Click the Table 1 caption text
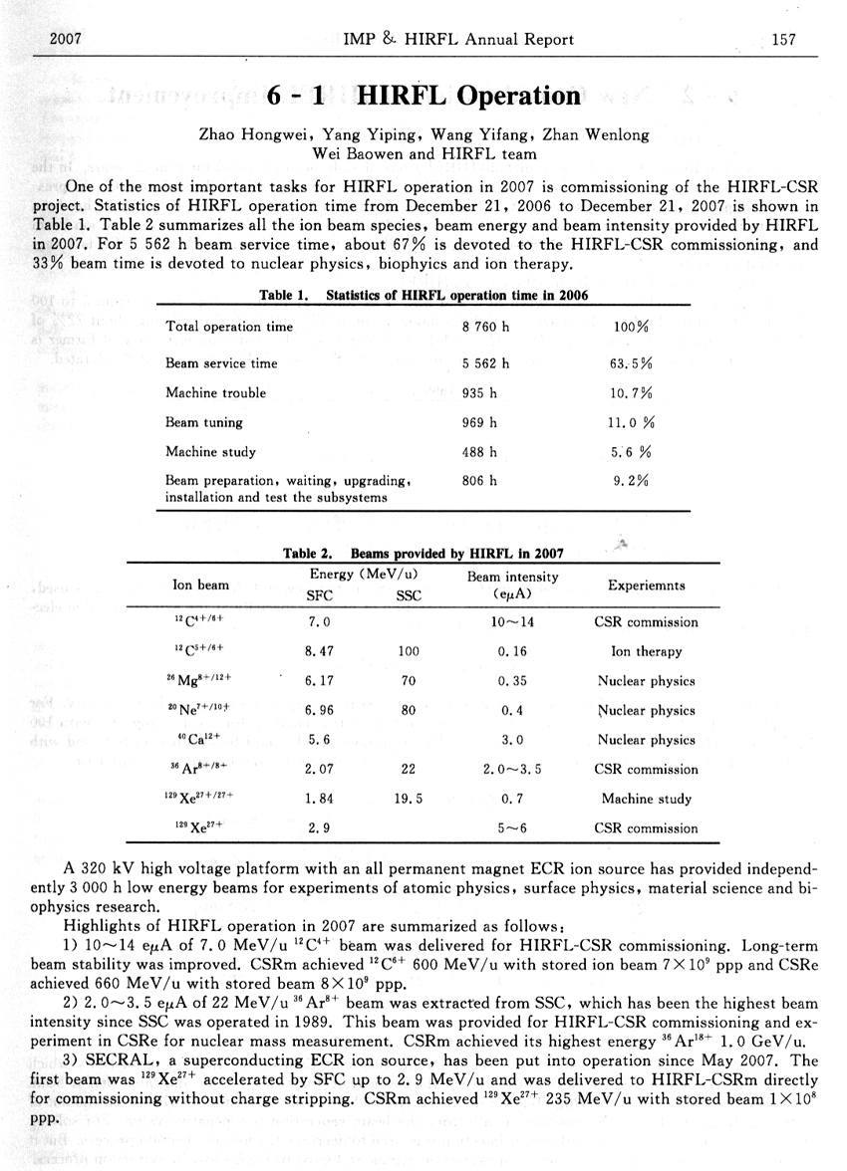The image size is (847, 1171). (423, 295)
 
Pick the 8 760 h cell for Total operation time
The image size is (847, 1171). (486, 327)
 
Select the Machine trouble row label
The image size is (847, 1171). (216, 393)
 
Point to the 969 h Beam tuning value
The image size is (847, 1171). (479, 422)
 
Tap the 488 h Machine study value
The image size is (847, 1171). (479, 451)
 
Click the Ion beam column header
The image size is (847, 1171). (200, 585)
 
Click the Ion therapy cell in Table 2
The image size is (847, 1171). (646, 652)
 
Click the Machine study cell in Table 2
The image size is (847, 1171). (646, 799)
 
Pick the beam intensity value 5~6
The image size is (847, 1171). (512, 827)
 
